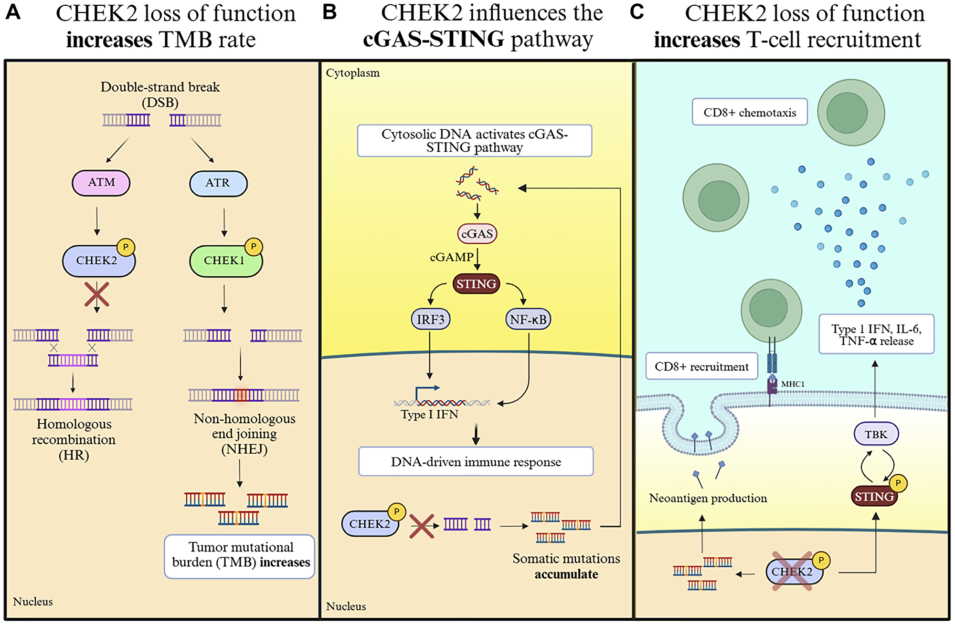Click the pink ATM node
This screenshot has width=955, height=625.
(x=101, y=183)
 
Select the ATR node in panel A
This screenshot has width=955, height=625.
(x=218, y=183)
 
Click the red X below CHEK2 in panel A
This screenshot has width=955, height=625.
(x=97, y=294)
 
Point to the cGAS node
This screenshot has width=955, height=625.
(x=477, y=234)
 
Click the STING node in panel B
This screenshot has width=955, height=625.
(x=476, y=284)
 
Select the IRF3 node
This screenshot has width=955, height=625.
(x=430, y=319)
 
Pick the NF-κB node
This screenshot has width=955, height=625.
(x=528, y=319)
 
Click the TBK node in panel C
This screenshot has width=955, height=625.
(x=876, y=434)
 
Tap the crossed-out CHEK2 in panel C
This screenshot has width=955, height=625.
(x=793, y=572)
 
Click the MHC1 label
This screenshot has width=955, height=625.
(x=793, y=384)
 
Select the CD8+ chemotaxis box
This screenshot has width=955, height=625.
(x=750, y=113)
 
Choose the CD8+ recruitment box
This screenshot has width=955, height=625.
(x=701, y=366)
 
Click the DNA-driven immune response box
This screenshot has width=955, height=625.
(x=476, y=462)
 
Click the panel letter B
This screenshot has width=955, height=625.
(x=329, y=12)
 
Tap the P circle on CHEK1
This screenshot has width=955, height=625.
(x=254, y=247)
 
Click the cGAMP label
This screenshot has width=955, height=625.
(x=451, y=258)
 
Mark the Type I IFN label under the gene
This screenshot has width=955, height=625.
(x=429, y=415)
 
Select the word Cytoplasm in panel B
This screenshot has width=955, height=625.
(x=353, y=73)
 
